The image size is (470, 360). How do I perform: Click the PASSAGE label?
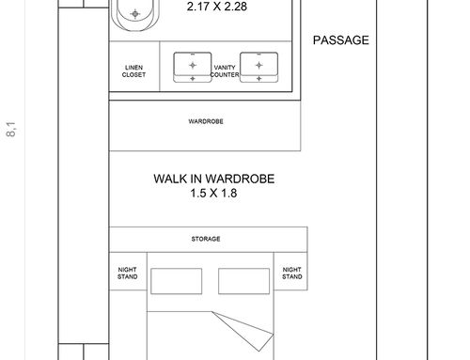point(341,40)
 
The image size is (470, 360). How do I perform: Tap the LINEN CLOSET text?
point(133,71)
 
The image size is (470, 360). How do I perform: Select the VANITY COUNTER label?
point(225,71)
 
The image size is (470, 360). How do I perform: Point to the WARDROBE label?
point(206,121)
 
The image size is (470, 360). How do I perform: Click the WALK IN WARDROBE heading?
point(214,179)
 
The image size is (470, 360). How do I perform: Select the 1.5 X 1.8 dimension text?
point(213,193)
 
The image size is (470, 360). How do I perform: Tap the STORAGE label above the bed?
point(206,239)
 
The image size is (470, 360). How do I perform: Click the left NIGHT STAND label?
point(128,274)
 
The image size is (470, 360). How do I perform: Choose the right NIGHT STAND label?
point(292,274)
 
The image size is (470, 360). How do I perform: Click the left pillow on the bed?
point(177,281)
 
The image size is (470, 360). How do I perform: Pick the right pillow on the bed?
point(243,281)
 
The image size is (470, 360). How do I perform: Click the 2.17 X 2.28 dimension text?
point(217,7)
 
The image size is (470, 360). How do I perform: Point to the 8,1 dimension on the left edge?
point(11,129)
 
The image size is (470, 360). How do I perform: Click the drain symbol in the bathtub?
point(135,14)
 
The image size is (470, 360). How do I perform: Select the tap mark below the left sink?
point(193,79)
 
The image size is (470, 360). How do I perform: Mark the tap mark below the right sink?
point(258,79)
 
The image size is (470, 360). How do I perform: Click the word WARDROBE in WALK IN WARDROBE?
point(240,179)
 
